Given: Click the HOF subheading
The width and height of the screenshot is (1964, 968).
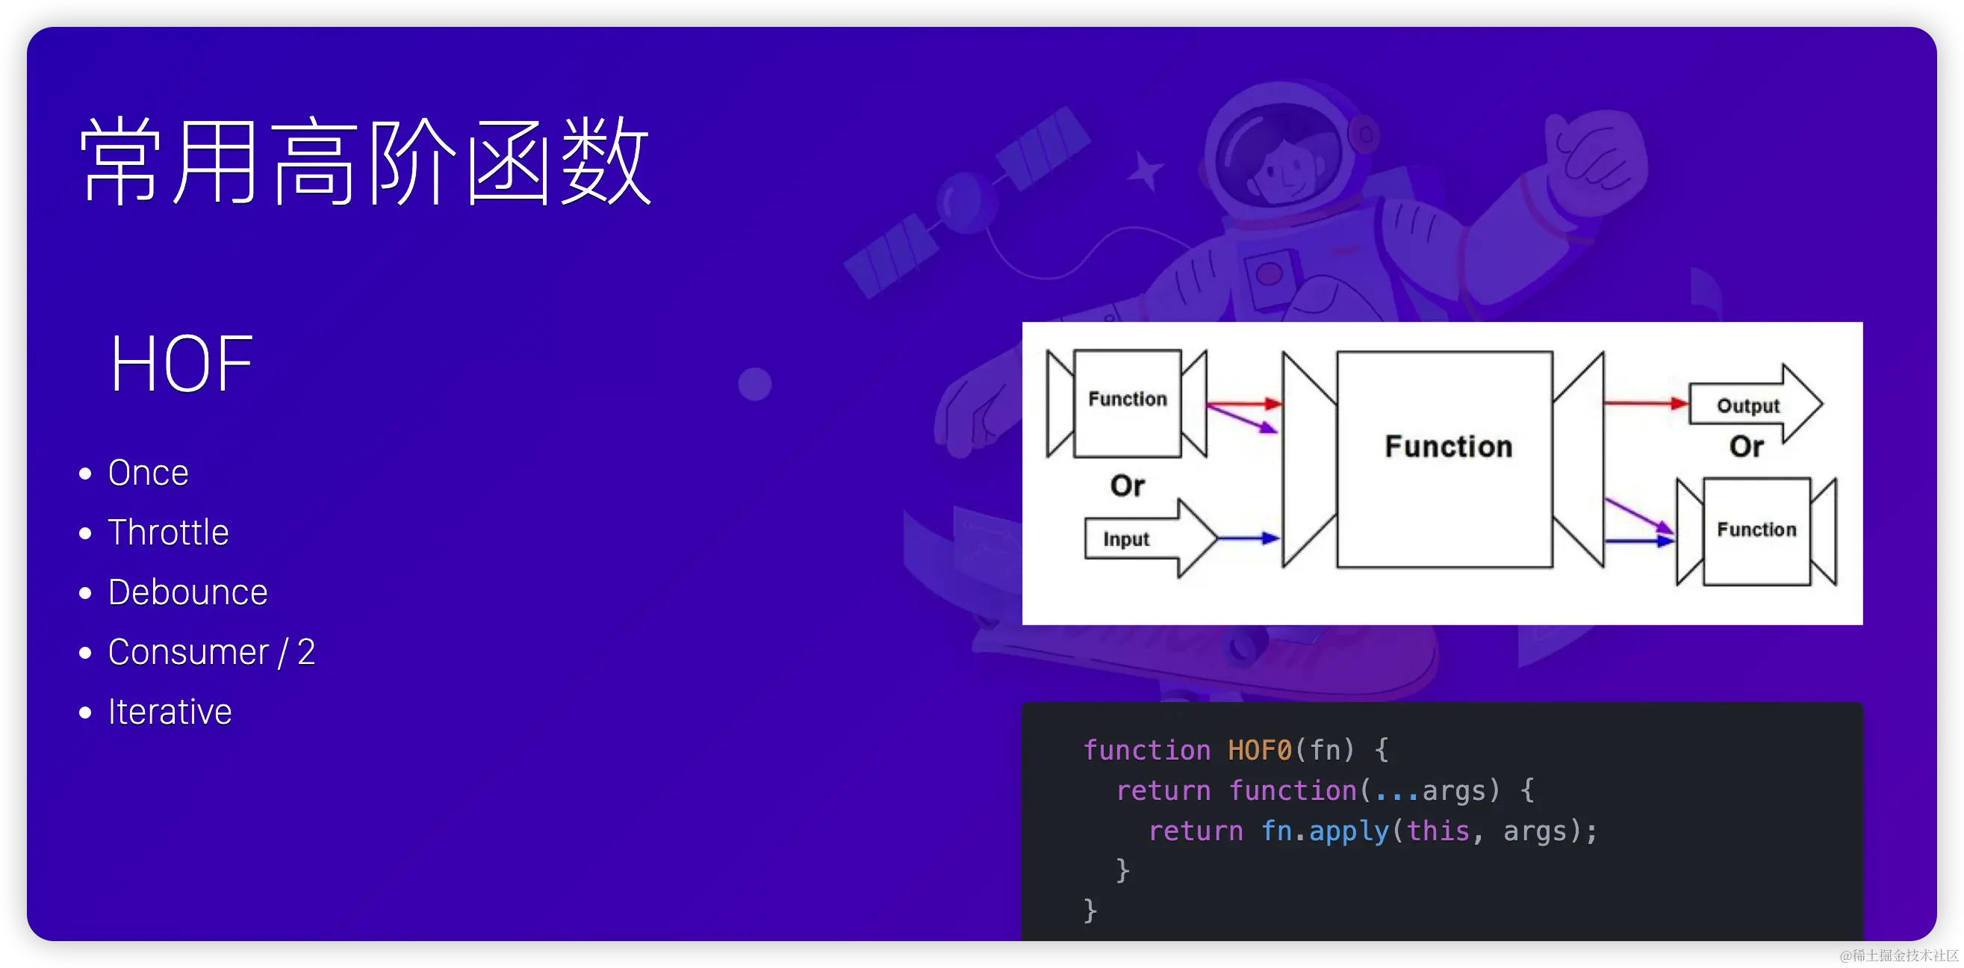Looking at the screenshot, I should click(181, 364).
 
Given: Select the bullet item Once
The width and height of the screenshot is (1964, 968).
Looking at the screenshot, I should click(148, 473).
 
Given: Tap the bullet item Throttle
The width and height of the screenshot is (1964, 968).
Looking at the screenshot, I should click(168, 533).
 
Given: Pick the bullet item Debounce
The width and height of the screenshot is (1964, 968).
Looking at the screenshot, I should click(187, 592).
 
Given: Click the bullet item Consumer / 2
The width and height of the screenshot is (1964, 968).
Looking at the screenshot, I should click(211, 652).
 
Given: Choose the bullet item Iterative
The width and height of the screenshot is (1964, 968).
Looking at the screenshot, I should click(170, 712).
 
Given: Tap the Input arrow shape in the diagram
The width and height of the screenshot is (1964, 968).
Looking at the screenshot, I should click(1143, 539).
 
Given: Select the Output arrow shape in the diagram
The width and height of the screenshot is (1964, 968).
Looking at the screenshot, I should click(1753, 404).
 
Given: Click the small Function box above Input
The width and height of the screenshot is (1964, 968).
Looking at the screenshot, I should click(1127, 403).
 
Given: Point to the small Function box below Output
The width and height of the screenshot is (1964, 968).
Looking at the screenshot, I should click(1756, 531).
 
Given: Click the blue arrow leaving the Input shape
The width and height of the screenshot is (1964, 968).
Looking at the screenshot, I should click(1248, 539).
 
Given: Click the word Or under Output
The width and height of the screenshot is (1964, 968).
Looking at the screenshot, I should click(1746, 446).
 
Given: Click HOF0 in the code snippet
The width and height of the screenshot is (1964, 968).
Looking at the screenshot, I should click(1260, 750).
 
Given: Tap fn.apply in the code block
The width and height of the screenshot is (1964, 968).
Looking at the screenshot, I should click(1324, 831).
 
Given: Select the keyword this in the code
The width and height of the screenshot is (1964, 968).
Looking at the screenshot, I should click(1438, 831).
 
